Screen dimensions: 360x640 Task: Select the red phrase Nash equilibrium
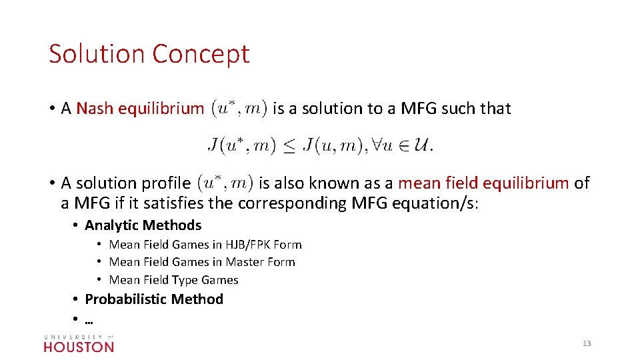140,109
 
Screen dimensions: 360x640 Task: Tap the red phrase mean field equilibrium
483,183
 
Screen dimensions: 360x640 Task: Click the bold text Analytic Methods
143,225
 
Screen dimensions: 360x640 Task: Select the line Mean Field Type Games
173,280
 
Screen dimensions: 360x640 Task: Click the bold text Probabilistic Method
154,299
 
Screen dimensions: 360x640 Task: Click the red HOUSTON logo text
79,347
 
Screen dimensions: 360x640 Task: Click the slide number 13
587,343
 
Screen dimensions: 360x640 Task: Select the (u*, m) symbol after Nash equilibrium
239,108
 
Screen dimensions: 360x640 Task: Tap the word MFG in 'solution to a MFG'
419,109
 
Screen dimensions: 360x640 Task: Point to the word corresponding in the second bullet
291,203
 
